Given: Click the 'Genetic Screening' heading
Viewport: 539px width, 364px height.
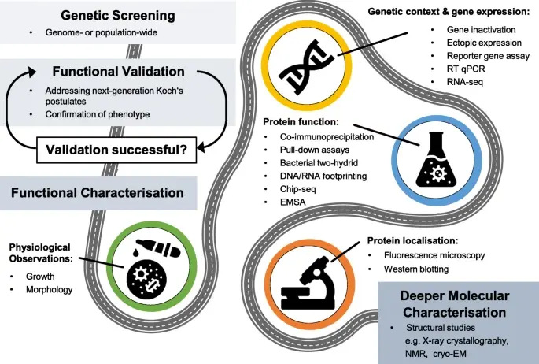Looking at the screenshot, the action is (118, 16).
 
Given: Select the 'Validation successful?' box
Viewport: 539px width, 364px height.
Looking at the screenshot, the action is (116, 150).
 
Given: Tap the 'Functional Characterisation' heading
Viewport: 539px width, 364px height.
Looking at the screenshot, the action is (98, 193).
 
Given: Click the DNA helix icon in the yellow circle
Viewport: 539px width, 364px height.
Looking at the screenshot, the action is (306, 67).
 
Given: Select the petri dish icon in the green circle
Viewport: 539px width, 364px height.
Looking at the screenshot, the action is (147, 278).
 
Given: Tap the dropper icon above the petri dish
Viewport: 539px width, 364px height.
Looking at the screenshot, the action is (157, 247).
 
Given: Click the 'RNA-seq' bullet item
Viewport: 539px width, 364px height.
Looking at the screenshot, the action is (465, 82).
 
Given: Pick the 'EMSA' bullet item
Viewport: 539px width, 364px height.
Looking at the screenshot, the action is (293, 202).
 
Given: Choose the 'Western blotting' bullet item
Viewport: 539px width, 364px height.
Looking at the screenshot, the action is (416, 269).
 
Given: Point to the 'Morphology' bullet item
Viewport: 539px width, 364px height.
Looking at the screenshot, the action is (49, 289).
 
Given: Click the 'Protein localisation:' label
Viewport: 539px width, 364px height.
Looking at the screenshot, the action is (412, 240).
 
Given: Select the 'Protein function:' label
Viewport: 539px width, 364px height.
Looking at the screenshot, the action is (301, 122).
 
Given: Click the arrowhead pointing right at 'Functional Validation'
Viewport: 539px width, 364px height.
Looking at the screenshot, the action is (31, 72).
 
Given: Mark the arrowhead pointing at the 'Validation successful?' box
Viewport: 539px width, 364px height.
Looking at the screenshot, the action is (202, 147).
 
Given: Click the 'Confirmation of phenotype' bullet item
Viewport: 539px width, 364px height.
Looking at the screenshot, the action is (98, 114).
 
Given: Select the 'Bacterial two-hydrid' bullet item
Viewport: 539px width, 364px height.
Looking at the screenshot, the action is (319, 163).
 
